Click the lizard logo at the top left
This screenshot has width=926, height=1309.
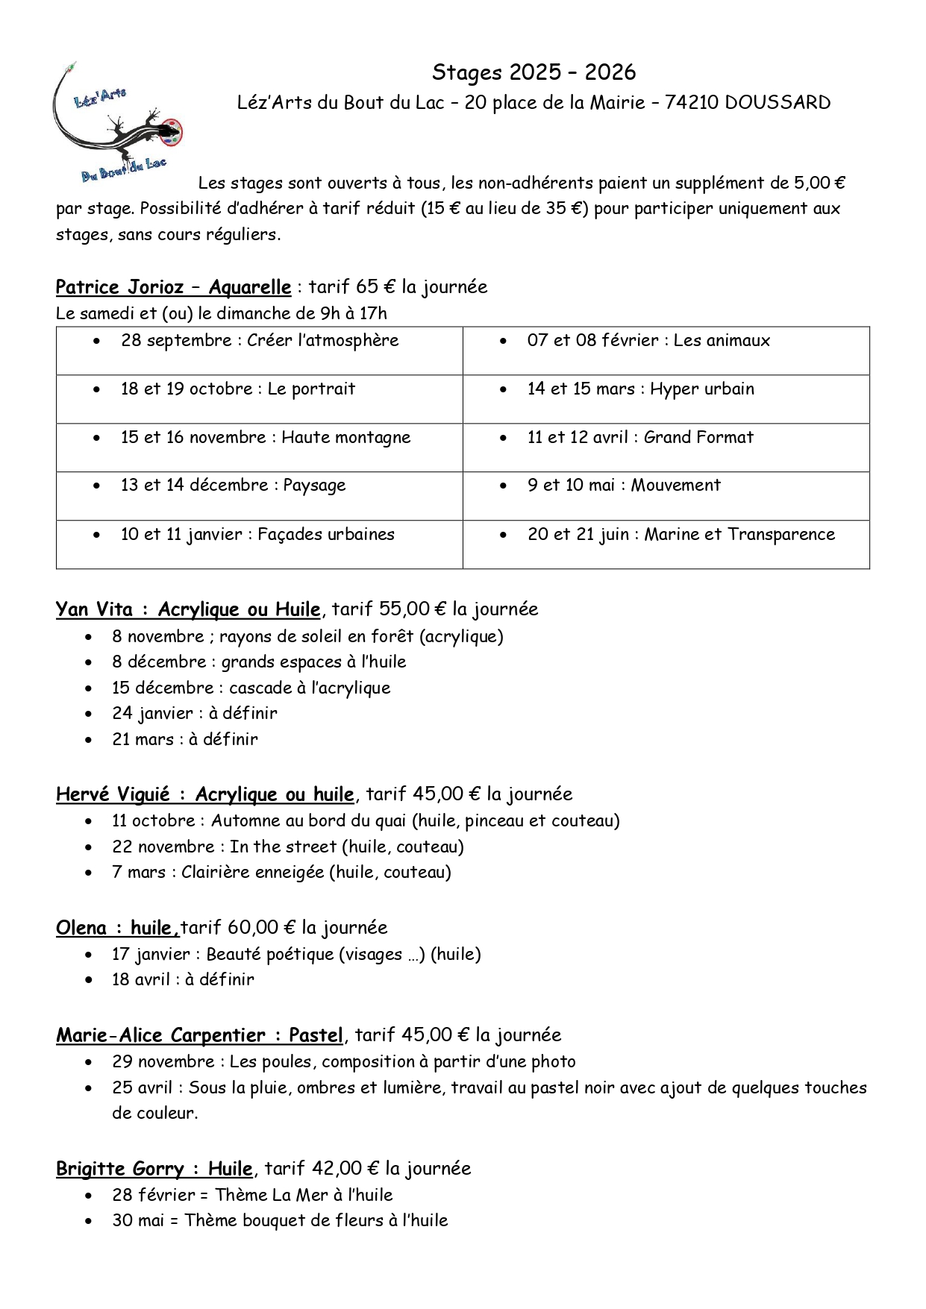pos(119,123)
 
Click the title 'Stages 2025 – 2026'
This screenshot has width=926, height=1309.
pos(534,72)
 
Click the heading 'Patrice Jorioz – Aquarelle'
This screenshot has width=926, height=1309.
pos(173,287)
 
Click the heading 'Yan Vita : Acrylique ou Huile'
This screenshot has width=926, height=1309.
pos(188,609)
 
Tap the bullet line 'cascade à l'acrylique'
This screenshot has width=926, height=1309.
pos(251,688)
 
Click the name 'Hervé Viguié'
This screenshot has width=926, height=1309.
pos(113,794)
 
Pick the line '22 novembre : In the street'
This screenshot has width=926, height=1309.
pos(288,847)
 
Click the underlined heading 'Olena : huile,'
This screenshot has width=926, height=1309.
pos(117,928)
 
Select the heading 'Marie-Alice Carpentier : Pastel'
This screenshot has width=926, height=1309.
pos(199,1035)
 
